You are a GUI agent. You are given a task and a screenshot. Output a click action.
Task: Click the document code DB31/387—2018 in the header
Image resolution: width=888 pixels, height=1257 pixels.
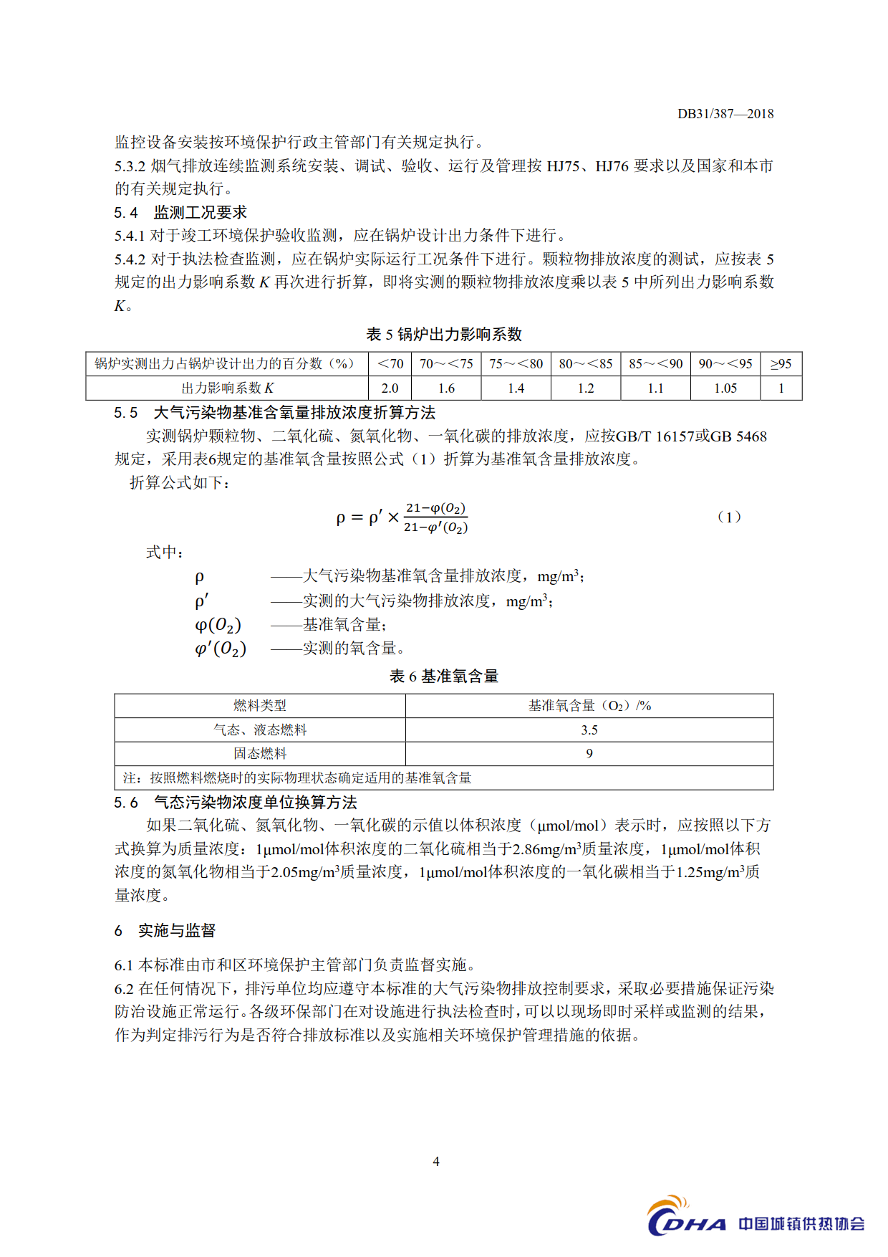click(725, 114)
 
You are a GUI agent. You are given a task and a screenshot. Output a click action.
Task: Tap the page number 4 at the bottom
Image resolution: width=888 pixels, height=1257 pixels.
click(436, 1161)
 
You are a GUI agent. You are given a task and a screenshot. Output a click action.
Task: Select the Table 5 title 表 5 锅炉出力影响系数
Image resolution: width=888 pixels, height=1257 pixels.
click(444, 335)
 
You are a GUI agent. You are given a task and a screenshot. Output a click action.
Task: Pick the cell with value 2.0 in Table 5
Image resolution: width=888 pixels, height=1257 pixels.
click(390, 388)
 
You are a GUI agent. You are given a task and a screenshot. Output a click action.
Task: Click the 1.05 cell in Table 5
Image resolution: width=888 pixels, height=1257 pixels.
click(725, 388)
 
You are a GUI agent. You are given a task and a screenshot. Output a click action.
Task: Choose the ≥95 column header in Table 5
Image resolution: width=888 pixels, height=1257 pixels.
click(781, 364)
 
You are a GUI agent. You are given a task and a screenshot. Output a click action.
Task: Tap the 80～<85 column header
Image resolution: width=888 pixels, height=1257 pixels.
click(586, 364)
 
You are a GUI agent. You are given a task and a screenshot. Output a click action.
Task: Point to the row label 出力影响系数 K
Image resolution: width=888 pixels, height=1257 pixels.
click(227, 388)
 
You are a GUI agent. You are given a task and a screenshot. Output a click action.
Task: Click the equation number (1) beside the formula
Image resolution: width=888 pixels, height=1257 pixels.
click(729, 517)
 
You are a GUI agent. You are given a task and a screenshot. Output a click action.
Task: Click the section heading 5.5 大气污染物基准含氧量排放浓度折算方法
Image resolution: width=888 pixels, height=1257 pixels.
click(275, 413)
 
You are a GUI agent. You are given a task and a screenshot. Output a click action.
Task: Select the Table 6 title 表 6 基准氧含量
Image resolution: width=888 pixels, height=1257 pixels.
click(444, 677)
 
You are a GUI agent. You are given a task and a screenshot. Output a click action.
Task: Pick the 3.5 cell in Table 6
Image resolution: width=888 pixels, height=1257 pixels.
click(589, 730)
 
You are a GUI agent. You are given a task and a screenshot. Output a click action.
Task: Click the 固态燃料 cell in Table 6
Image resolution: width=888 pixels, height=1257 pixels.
click(260, 754)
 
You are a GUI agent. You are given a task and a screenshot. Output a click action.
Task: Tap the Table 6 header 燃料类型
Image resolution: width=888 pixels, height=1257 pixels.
click(260, 706)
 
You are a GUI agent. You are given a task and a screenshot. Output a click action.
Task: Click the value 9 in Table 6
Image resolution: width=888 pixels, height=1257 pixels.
click(589, 754)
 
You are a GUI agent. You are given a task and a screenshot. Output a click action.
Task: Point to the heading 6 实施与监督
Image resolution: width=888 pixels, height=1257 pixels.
click(165, 931)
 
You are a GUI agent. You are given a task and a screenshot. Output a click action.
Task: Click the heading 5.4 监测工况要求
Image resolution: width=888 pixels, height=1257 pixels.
click(180, 213)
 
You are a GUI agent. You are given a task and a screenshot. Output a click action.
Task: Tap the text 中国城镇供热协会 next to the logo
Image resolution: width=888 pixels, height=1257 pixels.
click(801, 1223)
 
